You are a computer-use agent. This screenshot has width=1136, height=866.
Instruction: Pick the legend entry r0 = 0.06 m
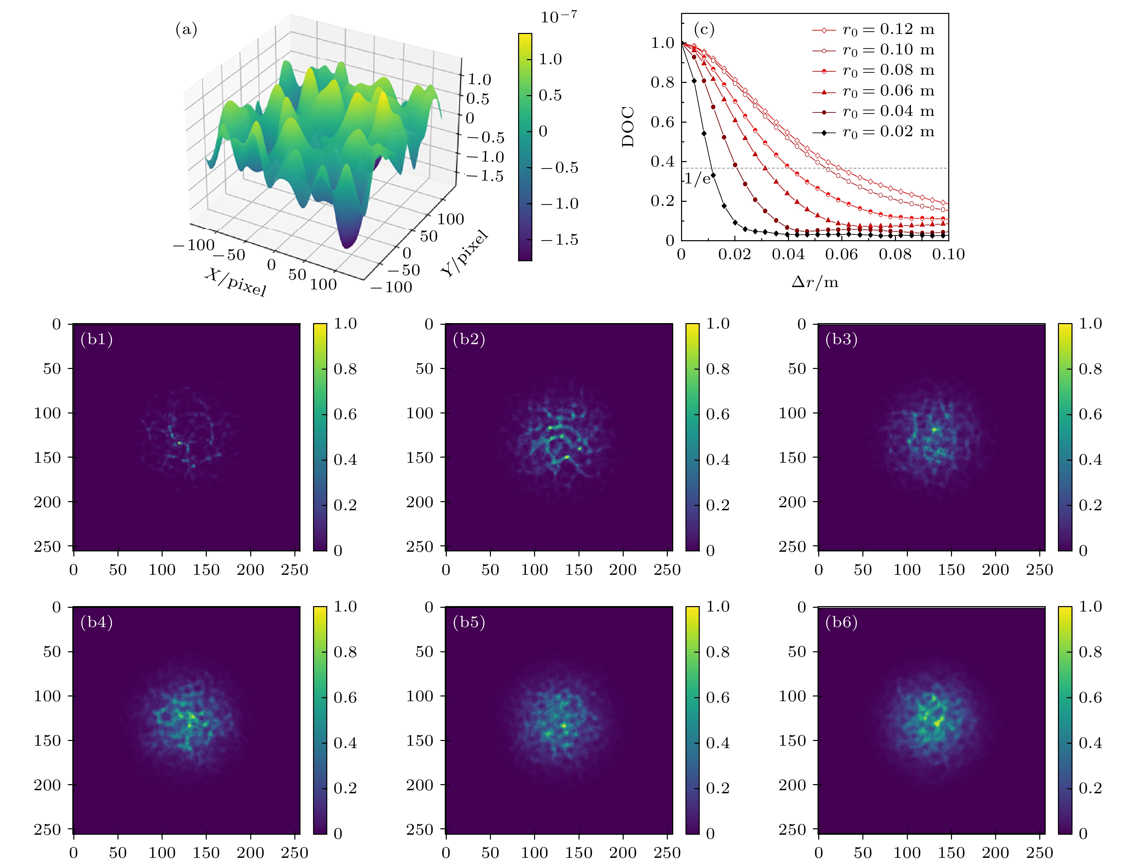[888, 91]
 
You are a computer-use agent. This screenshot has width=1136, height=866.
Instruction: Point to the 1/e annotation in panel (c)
[698, 179]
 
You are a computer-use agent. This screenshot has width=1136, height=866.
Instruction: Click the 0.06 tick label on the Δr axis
[841, 254]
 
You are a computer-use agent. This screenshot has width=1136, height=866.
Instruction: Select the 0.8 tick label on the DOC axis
[662, 83]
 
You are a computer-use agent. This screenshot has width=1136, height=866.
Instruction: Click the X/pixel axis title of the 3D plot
[235, 282]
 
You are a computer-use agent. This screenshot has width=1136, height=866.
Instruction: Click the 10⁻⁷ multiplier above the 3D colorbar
[558, 17]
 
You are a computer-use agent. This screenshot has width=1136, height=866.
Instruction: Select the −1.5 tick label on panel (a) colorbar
[560, 240]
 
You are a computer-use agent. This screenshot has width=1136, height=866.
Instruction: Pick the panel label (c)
[704, 29]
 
